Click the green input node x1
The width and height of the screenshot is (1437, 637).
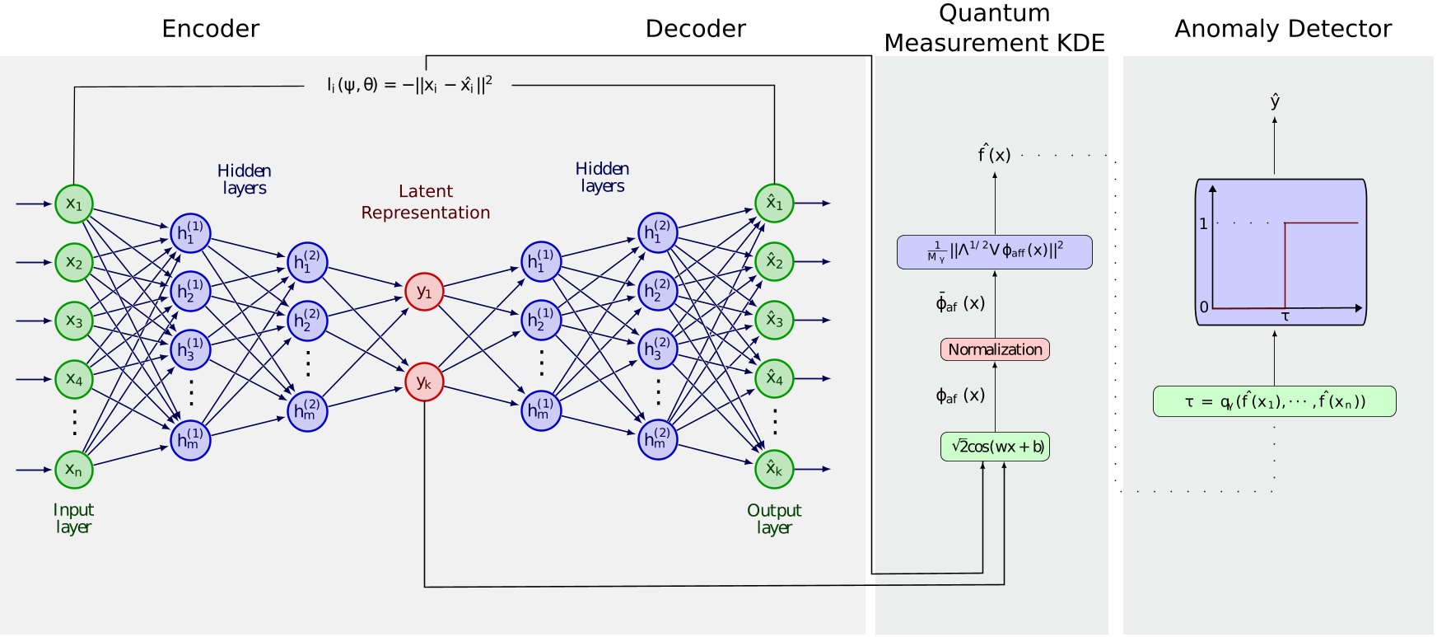(x=74, y=204)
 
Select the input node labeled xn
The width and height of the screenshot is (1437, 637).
(x=74, y=470)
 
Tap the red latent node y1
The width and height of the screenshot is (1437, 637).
(x=424, y=292)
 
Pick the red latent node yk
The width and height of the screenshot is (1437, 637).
(x=424, y=382)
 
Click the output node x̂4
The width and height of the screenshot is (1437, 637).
(x=774, y=378)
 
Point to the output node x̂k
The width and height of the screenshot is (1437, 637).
(x=774, y=469)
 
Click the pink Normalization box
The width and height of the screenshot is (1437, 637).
(x=995, y=349)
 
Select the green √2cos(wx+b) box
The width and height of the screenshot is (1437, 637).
(x=995, y=447)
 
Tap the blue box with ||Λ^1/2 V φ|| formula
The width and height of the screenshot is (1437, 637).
(x=995, y=252)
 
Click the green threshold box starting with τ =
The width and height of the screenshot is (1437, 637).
(x=1274, y=401)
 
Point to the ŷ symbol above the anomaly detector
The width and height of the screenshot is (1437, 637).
(x=1275, y=101)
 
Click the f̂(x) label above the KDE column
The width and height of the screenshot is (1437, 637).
(x=994, y=154)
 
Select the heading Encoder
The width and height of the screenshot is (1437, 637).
(x=211, y=29)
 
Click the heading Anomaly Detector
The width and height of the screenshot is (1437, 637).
(x=1282, y=29)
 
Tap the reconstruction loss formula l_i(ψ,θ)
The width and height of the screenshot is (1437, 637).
(x=409, y=85)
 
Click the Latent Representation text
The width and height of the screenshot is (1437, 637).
(x=425, y=202)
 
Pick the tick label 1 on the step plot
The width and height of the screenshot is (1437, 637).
(x=1203, y=223)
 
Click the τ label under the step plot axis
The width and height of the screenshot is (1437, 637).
(x=1285, y=316)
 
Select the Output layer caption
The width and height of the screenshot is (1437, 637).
(x=774, y=518)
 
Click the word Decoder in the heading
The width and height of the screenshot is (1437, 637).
(x=695, y=29)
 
